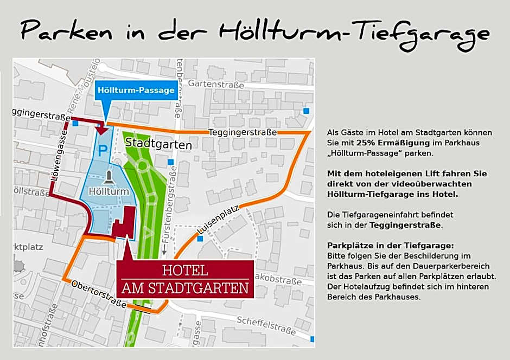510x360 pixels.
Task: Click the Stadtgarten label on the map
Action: coord(158,145)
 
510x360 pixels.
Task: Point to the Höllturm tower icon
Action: coord(110,177)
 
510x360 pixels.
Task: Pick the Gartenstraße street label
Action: coord(217,84)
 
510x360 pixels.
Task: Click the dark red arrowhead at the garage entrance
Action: coord(101,129)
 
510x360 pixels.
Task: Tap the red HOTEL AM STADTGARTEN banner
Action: coord(186,279)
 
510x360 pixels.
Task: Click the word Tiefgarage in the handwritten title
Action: coord(423,33)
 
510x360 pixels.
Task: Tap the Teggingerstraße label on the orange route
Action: coord(243,133)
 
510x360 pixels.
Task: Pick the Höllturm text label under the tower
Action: coord(109,191)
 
